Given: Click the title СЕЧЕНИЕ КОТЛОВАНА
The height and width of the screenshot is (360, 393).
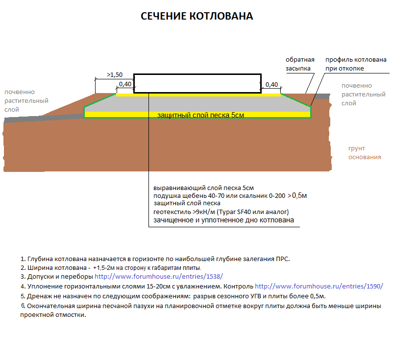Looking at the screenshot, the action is pos(197,16).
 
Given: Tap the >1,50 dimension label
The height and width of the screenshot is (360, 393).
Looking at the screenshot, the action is pos(115,74).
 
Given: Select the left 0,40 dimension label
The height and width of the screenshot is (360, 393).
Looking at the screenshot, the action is pos(125,84).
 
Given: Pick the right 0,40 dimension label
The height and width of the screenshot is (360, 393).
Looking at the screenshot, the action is pos(271,85).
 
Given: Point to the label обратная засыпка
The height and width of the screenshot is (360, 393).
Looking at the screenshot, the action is pos(300,64).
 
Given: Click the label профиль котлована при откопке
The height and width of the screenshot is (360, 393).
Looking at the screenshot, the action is pos(356,64).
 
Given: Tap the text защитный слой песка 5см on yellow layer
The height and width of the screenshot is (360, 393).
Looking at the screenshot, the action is pos(200,115).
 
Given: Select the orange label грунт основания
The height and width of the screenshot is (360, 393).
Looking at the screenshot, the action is pos(365,152).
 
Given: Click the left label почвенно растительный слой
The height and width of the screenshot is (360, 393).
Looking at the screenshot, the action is pos(26,101).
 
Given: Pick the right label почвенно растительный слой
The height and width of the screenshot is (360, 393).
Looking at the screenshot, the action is pos(364,95).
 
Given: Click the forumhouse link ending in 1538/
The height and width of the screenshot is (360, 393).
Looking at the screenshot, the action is pos(159,277).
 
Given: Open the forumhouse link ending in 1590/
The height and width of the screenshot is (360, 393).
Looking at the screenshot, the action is pos(319,287).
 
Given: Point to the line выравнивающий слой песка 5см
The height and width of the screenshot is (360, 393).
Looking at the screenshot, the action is pos(203,188).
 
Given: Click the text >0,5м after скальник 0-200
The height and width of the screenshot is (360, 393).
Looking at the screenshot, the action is pos(297,195).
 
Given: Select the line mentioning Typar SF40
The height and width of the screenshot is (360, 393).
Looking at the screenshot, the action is pos(221,212).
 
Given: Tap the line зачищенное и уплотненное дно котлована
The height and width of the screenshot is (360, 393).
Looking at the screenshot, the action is pos(223,220).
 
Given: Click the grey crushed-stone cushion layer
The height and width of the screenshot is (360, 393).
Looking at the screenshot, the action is pos(197,104).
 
